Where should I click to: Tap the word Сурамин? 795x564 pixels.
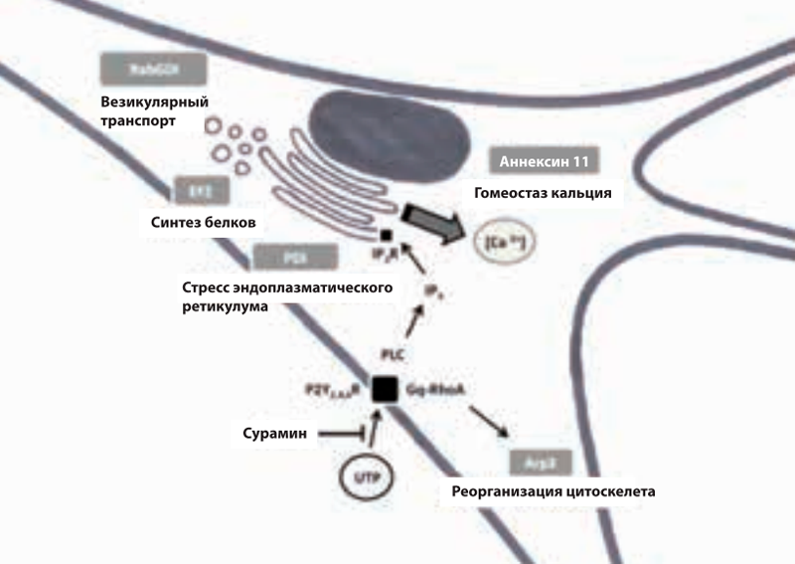click(x=274, y=434)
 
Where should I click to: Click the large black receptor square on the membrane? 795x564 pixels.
click(x=385, y=388)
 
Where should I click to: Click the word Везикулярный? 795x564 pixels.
click(x=148, y=101)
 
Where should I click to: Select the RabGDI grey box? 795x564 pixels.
click(x=153, y=70)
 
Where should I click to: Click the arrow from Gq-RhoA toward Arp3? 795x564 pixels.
click(x=490, y=422)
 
